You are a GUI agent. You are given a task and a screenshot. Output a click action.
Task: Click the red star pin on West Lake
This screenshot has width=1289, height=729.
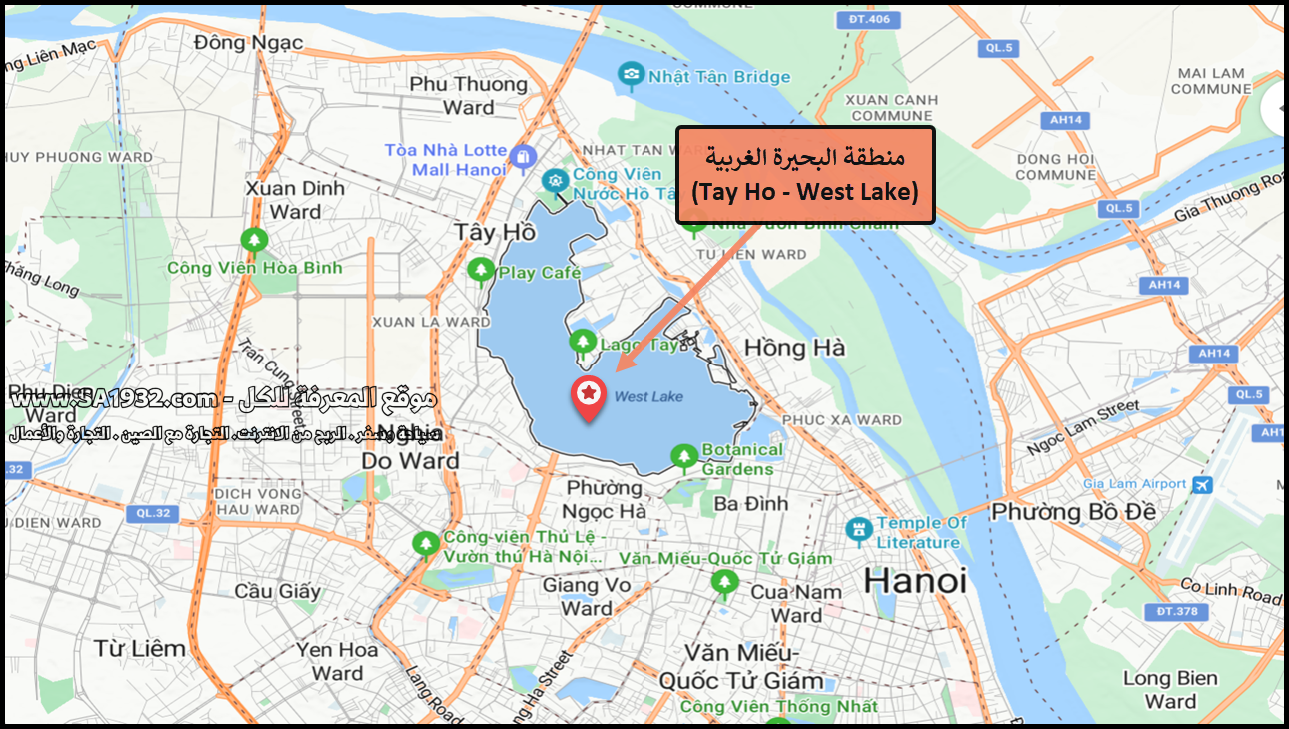[589, 396]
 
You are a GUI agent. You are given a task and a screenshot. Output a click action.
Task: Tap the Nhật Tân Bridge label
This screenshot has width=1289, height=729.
[719, 77]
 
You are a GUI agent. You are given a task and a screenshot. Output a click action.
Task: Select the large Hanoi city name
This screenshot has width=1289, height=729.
[915, 580]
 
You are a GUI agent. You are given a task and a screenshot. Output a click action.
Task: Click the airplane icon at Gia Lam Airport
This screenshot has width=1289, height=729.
[1202, 485]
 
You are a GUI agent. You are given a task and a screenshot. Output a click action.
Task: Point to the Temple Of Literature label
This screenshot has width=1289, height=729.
[922, 532]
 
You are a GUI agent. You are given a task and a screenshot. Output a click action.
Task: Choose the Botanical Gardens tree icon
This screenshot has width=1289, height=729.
[684, 457]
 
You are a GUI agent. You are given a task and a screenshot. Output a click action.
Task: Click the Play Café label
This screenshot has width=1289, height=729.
[540, 273]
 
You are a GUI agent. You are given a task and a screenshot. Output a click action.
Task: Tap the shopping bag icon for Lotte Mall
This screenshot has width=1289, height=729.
[522, 156]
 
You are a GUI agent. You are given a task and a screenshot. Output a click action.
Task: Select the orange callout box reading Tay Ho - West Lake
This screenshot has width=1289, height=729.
[805, 175]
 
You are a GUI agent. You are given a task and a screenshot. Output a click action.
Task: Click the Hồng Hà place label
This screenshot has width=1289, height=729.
[794, 348]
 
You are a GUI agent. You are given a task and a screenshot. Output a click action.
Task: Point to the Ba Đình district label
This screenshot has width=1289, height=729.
[752, 504]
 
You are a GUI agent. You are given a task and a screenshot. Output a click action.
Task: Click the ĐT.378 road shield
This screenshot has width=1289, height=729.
[1176, 611]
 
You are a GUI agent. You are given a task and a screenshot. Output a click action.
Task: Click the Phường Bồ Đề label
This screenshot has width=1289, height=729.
[1073, 512]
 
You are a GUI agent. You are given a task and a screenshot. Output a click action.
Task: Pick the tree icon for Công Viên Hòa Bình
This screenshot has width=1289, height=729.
[254, 241]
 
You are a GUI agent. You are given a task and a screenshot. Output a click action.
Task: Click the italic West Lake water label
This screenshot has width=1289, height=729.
[648, 397]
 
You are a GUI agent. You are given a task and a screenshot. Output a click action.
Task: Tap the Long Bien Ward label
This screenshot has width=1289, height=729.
[1170, 690]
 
